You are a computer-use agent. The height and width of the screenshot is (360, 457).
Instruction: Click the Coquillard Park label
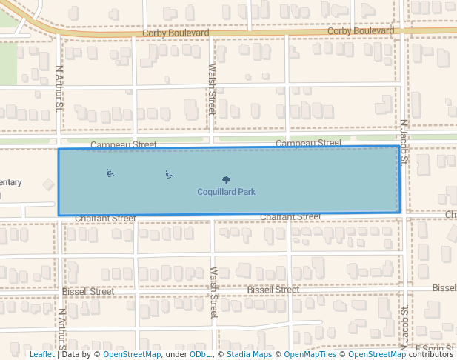[226, 192]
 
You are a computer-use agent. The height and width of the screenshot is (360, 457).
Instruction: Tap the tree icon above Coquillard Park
[226, 180]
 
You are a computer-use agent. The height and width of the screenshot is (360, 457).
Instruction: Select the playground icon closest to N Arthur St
[110, 173]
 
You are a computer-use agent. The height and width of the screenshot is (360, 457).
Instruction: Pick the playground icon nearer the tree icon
[169, 175]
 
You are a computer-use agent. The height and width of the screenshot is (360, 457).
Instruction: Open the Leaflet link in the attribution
[41, 354]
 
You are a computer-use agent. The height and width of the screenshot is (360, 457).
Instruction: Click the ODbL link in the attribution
[200, 354]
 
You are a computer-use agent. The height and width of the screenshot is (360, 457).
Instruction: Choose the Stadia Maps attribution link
[249, 354]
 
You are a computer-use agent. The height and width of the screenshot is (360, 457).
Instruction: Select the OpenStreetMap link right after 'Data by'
[132, 354]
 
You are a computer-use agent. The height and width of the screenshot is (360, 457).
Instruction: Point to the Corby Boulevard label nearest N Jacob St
[361, 31]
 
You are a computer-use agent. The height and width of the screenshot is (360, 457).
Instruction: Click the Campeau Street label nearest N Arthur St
[124, 144]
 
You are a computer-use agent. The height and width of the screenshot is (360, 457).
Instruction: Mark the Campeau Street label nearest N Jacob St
[308, 143]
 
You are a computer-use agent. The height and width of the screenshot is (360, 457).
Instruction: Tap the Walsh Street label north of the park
[213, 89]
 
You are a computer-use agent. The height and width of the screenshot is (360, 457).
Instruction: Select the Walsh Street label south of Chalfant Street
[214, 292]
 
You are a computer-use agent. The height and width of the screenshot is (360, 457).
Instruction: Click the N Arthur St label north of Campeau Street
[60, 87]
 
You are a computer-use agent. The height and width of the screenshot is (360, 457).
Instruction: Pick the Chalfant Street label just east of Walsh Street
[290, 216]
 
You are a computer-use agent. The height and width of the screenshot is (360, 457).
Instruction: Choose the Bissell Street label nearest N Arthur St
[88, 291]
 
